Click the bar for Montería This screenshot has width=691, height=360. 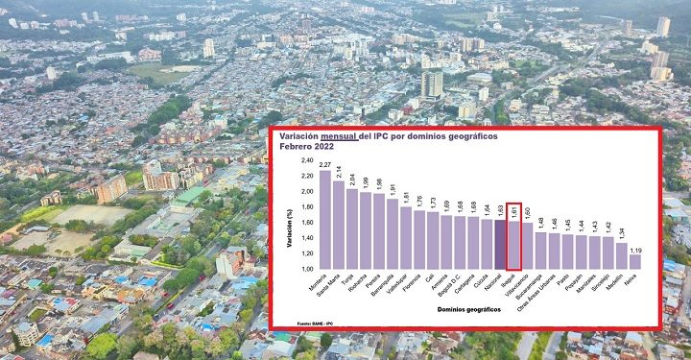tap(325, 220)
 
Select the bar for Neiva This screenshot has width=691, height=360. tap(634, 261)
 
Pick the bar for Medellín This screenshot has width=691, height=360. tap(621, 255)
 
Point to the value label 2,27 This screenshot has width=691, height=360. tap(325, 165)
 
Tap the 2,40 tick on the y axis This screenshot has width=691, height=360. tap(306, 160)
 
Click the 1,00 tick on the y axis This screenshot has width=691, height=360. tap(306, 269)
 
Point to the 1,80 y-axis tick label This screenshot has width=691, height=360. tap(306, 207)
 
